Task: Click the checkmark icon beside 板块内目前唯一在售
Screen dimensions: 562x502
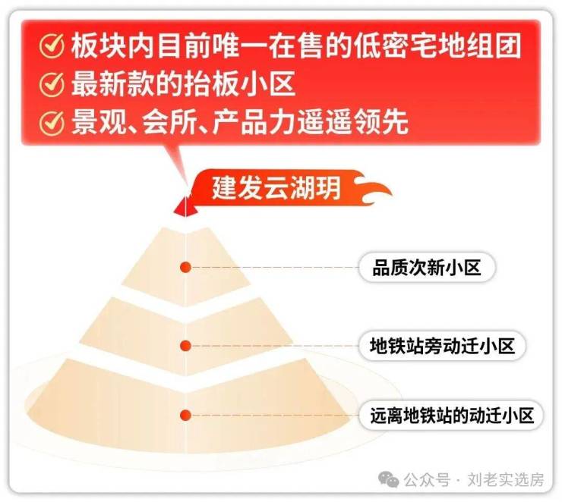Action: tap(52, 45)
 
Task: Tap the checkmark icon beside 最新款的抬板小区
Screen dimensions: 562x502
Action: tap(52, 84)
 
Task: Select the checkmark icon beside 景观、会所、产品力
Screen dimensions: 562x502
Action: tap(52, 122)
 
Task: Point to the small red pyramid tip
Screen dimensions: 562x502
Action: tap(185, 207)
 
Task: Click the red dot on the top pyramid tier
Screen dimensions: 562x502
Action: tap(185, 267)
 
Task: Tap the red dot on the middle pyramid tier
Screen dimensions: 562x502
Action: tap(185, 346)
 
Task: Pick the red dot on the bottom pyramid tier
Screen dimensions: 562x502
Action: tap(185, 416)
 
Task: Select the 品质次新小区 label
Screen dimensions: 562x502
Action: tap(427, 267)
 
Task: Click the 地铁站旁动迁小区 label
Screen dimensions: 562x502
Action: tap(442, 346)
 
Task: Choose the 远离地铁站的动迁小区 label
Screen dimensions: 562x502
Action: tap(452, 416)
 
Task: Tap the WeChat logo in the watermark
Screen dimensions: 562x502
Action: tap(389, 479)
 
